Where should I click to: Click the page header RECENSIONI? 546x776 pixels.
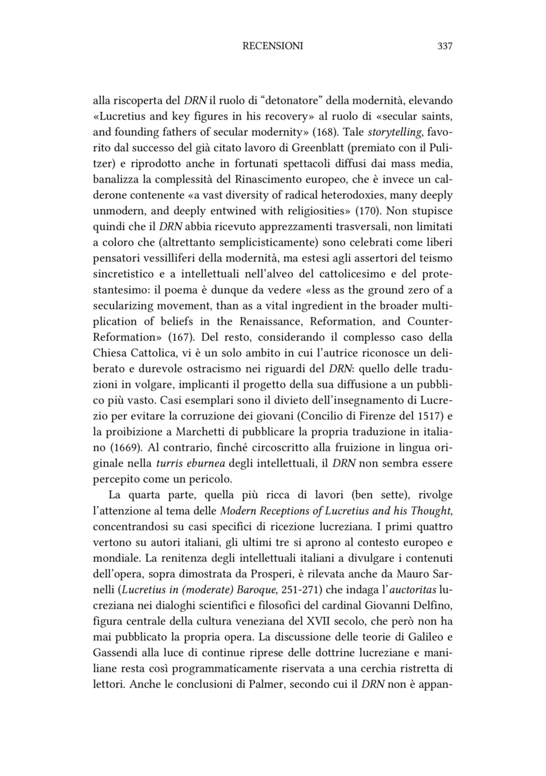[x=273, y=46]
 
